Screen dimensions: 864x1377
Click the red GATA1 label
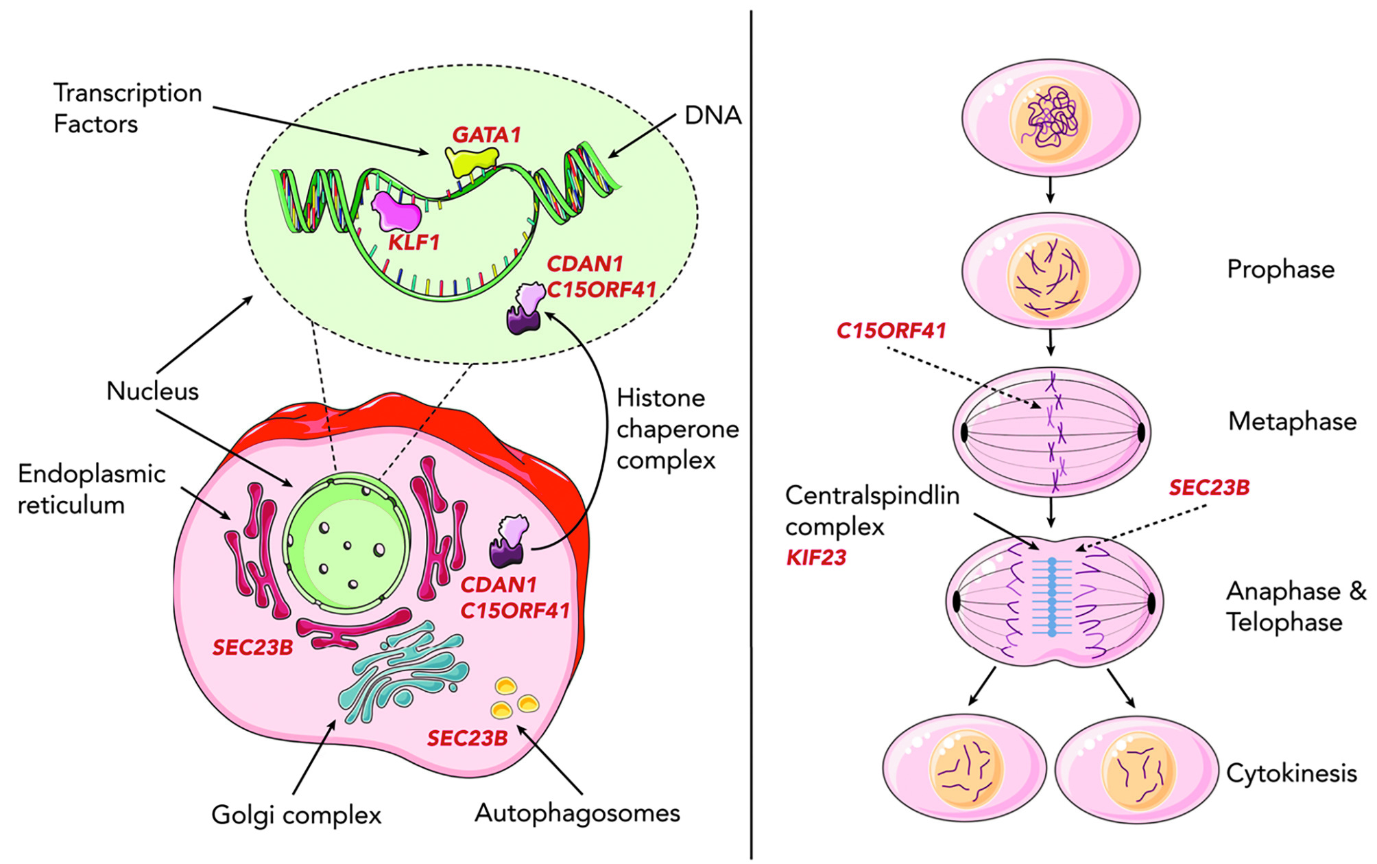click(x=486, y=135)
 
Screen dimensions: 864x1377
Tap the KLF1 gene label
click(x=414, y=242)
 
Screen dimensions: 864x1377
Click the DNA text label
click(x=713, y=115)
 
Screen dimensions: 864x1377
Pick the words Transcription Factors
click(x=128, y=108)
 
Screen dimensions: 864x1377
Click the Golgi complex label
click(x=296, y=815)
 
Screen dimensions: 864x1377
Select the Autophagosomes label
click(x=577, y=813)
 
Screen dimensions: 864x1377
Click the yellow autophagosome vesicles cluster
click(x=514, y=698)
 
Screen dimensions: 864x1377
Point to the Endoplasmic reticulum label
click(x=91, y=489)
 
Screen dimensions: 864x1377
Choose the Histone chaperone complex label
click(x=677, y=429)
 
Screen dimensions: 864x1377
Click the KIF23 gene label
click(x=816, y=557)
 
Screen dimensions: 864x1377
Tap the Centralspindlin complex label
click(x=872, y=511)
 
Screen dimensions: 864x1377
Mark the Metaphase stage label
click(x=1292, y=421)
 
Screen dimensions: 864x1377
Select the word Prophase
click(x=1280, y=269)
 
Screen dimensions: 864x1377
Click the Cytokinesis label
click(x=1291, y=773)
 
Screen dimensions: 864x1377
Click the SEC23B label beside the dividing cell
click(x=1209, y=488)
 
